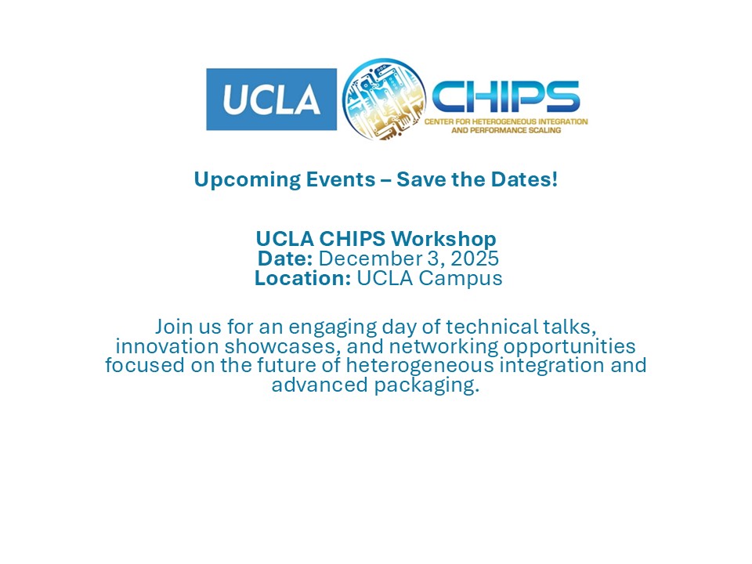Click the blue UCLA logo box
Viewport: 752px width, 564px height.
272,99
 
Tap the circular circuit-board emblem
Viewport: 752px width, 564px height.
384,99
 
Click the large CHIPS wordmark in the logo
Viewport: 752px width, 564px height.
505,96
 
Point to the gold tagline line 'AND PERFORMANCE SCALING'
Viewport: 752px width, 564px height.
506,130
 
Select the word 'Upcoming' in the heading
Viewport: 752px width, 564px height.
247,180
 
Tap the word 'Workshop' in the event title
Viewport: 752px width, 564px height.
443,239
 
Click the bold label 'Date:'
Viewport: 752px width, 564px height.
285,258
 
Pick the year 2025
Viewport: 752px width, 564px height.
475,258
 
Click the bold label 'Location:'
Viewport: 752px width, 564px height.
302,278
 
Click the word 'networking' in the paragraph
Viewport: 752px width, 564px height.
443,347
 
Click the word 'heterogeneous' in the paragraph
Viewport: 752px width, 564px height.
420,367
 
